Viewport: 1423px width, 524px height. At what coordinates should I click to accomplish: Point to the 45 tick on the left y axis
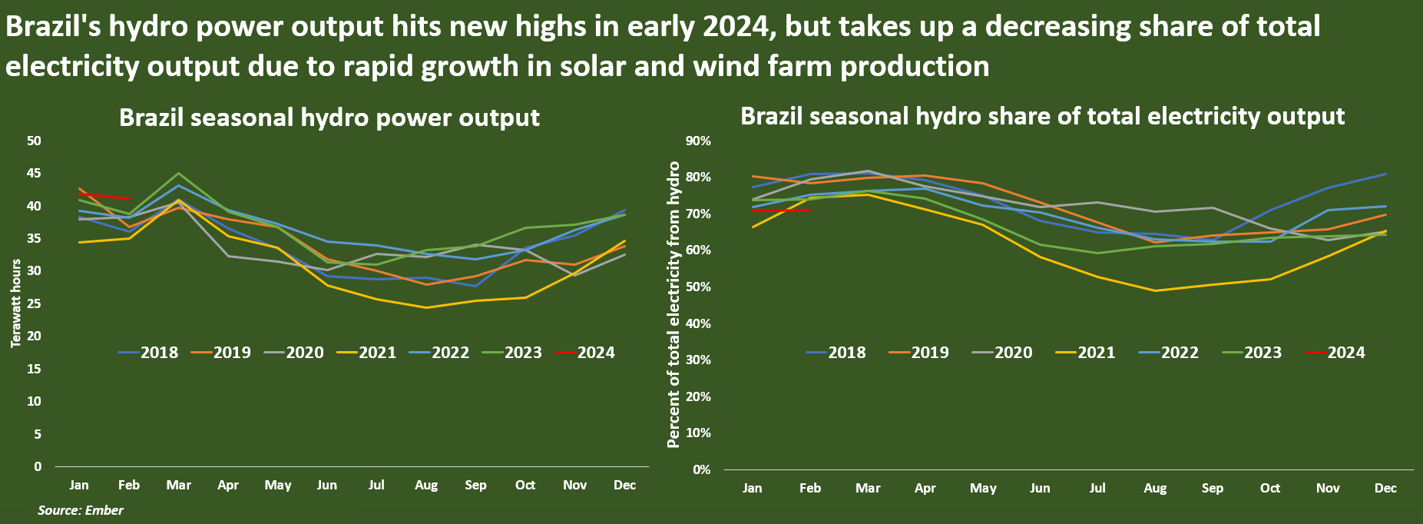pos(34,174)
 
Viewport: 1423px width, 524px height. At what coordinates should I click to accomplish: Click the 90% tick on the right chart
pos(699,141)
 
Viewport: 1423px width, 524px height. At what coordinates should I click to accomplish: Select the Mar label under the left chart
pos(179,486)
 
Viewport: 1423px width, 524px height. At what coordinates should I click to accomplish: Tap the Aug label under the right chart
pos(1155,489)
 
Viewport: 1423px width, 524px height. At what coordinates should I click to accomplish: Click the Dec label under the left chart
pos(624,486)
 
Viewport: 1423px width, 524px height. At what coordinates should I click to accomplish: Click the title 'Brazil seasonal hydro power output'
pos(329,118)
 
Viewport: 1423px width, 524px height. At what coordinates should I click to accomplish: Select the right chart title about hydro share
pos(1042,116)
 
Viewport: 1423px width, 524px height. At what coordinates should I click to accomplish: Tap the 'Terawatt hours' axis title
pos(16,303)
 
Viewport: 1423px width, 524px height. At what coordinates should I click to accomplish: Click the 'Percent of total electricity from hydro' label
pos(673,304)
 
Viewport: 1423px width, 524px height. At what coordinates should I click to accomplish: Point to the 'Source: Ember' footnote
pos(81,510)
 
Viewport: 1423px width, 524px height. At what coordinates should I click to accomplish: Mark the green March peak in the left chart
pos(179,173)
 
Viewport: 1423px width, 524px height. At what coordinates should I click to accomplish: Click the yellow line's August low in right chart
pos(1155,290)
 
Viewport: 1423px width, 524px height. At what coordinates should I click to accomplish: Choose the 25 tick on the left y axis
pos(34,304)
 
